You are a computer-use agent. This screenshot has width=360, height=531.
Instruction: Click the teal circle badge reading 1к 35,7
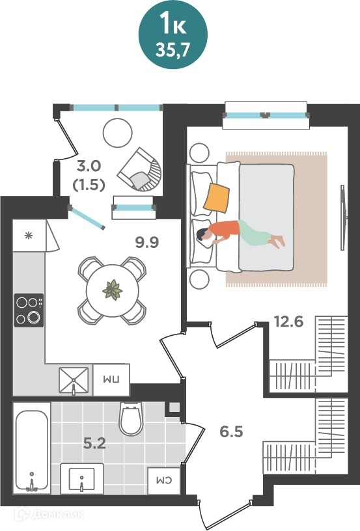coord(173,34)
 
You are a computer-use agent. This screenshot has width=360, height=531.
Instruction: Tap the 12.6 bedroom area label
coord(288,321)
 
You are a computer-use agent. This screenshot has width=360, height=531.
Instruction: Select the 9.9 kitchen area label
coord(147,243)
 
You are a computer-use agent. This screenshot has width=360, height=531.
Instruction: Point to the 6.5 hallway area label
coord(231,432)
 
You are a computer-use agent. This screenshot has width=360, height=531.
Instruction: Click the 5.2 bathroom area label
coord(95,443)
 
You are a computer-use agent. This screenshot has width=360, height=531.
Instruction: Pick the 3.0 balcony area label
coord(89,167)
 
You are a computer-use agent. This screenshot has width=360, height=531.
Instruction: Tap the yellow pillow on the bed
coord(216,198)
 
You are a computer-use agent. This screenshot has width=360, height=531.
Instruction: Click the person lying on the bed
coord(240,234)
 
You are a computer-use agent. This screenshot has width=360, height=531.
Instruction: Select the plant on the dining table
coord(113,290)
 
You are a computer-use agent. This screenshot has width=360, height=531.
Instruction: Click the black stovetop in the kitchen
coord(29,310)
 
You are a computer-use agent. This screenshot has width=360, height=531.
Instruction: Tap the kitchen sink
coord(74,380)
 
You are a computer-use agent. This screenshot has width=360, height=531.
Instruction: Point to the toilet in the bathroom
coord(131,418)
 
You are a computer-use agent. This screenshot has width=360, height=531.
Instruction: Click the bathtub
coord(31,451)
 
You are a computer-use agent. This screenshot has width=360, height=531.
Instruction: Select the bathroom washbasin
coord(82,478)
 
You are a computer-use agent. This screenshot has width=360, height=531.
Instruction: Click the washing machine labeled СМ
coord(165,481)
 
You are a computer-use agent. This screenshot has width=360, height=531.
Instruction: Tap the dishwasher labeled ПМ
coord(111,379)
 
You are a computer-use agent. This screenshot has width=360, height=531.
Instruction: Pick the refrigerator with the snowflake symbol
coord(29,236)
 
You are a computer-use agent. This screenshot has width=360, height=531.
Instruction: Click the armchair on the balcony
coord(140,169)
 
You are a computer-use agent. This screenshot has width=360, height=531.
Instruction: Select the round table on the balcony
coord(117,132)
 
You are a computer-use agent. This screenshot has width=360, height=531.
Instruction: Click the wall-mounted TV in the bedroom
coord(344,217)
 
